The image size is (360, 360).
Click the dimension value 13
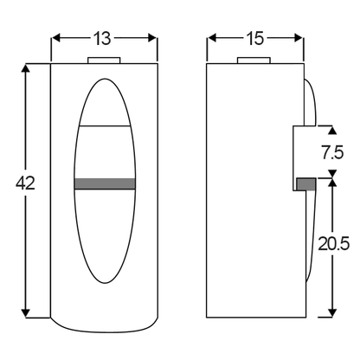(102, 39)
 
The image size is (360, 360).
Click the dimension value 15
(255, 39)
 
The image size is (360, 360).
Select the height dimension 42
(25, 183)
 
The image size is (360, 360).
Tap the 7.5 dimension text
(333, 152)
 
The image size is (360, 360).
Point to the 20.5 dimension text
(334, 244)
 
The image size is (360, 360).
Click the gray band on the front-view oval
(105, 184)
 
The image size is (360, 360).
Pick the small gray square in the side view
(306, 184)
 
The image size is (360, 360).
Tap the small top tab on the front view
(104, 61)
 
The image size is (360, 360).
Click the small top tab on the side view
(254, 61)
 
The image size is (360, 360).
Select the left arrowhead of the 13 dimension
(55, 38)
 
